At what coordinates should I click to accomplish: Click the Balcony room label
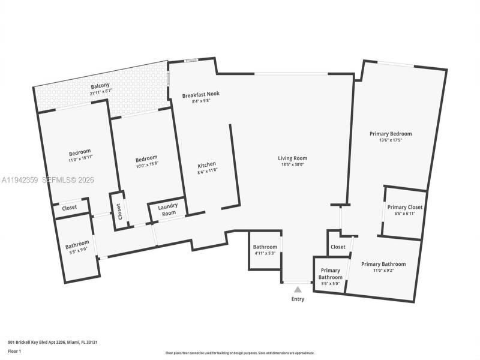pos(101,86)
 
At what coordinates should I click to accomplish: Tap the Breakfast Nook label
pos(200,95)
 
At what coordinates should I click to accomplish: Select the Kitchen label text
pos(207,164)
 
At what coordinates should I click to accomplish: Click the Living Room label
pos(292,158)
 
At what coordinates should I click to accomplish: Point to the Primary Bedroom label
pos(390,134)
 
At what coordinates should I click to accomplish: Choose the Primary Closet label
pos(404,207)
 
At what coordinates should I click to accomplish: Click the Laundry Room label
pos(167,210)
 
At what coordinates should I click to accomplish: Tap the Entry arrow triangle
pos(298,289)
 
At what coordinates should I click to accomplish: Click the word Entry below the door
pos(298,299)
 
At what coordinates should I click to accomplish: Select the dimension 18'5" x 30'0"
pos(292,164)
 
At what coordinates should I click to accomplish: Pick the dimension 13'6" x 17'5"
pos(390,140)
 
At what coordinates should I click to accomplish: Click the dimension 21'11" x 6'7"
pos(101,91)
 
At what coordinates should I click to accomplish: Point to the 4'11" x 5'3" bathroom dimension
pos(265,253)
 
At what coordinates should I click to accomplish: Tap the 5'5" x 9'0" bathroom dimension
pos(77,249)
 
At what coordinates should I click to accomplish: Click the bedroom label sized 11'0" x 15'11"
pos(79,151)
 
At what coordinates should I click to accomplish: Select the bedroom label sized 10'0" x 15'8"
pos(146,158)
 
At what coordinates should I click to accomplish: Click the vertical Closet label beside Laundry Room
pos(119,211)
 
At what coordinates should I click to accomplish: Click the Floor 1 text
pos(14,350)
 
